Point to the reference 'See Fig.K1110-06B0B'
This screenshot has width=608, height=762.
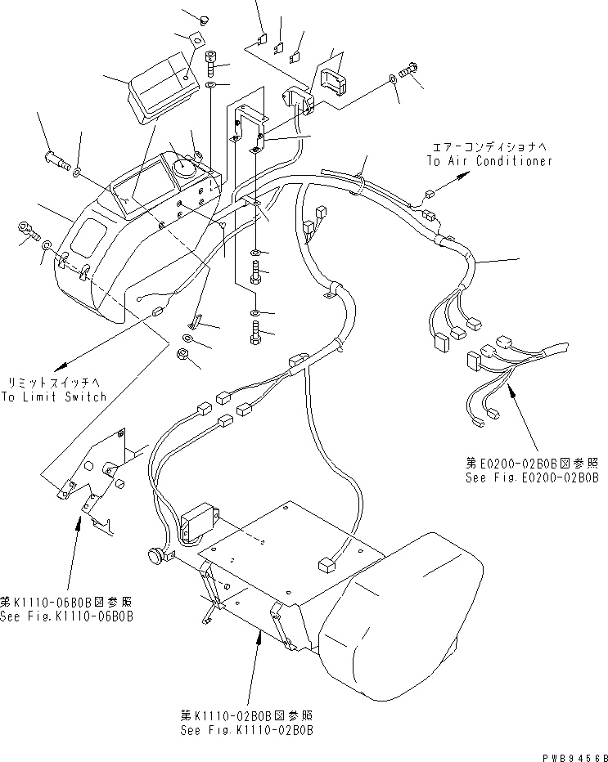point(65,615)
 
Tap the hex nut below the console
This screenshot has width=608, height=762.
point(184,354)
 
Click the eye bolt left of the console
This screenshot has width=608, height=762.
point(27,231)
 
